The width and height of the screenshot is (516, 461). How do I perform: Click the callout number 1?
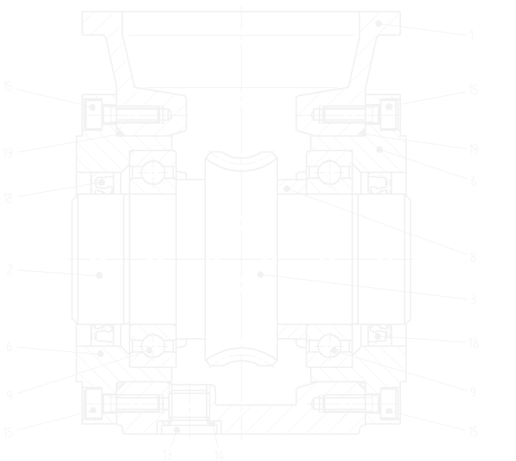click(x=472, y=36)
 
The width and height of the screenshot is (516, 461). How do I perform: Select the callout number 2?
click(x=9, y=270)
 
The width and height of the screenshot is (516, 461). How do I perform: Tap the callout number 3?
click(x=473, y=299)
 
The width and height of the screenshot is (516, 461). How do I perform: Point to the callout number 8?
click(x=473, y=257)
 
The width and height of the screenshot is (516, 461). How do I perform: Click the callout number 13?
click(x=167, y=454)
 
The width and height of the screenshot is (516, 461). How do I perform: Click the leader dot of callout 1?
click(x=378, y=24)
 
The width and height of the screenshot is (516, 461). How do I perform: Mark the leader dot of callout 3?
click(x=260, y=274)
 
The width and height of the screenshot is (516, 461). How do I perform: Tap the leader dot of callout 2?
click(x=99, y=275)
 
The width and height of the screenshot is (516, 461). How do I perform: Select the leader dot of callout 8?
click(x=287, y=188)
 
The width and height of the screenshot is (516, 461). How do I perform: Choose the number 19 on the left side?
click(x=7, y=153)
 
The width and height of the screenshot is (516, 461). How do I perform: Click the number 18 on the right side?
click(x=473, y=343)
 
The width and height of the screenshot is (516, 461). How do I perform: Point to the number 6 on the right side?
click(x=473, y=181)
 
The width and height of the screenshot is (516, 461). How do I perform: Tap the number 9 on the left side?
click(x=9, y=395)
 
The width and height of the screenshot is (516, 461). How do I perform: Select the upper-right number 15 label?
click(x=472, y=90)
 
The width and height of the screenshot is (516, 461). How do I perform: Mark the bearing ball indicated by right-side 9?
click(x=330, y=347)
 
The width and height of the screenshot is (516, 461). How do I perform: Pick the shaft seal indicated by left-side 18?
click(x=102, y=184)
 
